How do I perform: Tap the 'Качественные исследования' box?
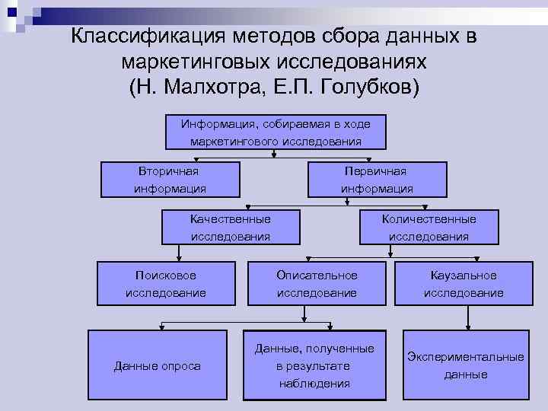coord(230,228)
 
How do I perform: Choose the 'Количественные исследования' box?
coord(429,228)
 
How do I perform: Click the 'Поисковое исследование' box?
coord(165,283)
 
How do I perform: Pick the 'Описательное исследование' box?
coord(317,283)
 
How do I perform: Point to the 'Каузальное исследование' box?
coord(463,283)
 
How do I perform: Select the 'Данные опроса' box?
coord(158,366)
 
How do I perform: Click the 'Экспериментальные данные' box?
coord(465,365)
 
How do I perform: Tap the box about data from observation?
coord(314,366)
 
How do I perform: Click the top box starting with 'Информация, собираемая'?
coord(276,132)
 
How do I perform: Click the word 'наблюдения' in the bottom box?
coord(314,383)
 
